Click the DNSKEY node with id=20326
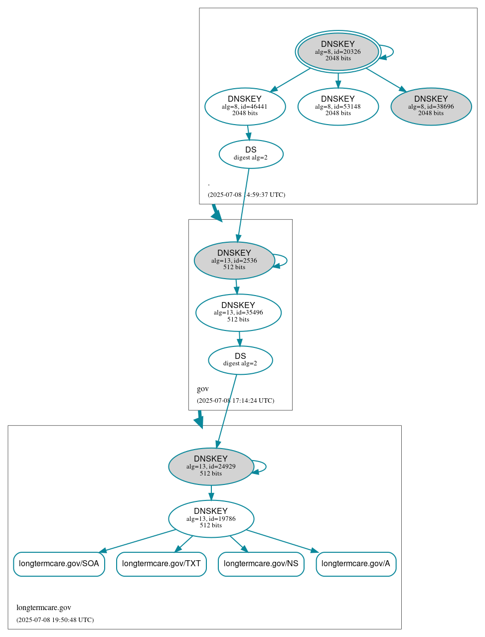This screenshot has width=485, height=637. (338, 52)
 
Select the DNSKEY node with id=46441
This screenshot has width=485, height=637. (245, 106)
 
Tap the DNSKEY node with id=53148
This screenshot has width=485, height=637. (338, 106)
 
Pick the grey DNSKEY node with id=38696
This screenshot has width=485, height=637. (431, 106)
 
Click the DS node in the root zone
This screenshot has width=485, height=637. (251, 154)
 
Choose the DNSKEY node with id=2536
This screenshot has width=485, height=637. (234, 260)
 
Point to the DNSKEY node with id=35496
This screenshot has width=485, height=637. (238, 313)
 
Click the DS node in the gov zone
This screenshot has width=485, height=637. (240, 360)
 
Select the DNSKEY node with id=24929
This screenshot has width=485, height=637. (211, 467)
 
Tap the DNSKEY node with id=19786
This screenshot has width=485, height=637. (211, 518)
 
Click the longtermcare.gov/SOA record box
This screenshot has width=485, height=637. (59, 564)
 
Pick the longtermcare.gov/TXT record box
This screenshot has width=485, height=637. (161, 564)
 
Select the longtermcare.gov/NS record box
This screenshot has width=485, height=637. (261, 564)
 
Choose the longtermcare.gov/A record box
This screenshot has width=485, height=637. (356, 564)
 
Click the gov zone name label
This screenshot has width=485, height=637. (203, 389)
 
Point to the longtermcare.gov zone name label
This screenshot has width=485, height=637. (44, 608)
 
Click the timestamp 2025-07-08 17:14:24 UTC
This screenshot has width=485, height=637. (235, 400)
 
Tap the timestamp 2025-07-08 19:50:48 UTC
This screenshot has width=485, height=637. (55, 620)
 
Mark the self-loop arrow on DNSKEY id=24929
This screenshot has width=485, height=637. (265, 467)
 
